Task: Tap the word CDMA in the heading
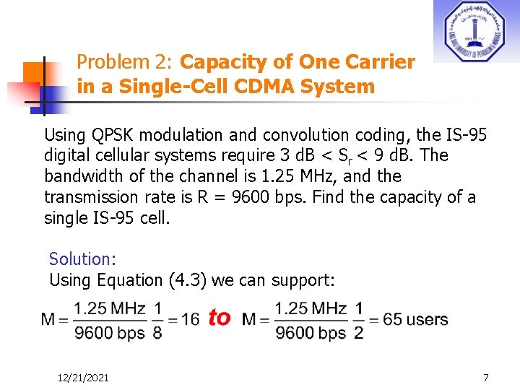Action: (x=248, y=87)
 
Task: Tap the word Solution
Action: (x=82, y=259)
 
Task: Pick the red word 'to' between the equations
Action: (x=220, y=318)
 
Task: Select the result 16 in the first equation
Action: (x=191, y=319)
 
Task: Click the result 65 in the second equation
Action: (x=392, y=319)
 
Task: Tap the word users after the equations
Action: (x=427, y=319)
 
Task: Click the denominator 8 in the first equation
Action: (x=157, y=332)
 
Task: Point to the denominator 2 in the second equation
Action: (x=358, y=332)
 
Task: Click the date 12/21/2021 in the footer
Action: (x=84, y=378)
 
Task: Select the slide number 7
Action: (x=486, y=378)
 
